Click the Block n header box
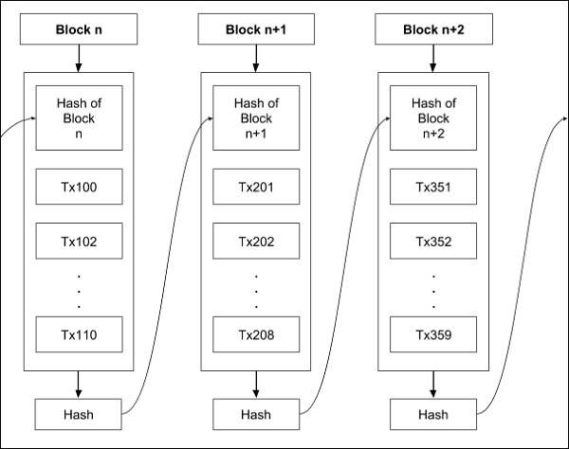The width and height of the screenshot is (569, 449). click(x=79, y=29)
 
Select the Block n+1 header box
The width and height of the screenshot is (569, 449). click(x=256, y=29)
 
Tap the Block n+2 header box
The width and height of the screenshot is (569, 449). click(x=433, y=29)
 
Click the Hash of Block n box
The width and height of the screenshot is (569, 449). click(x=79, y=118)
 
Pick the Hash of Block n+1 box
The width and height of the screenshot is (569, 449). click(x=256, y=118)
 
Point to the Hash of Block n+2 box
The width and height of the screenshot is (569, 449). click(x=433, y=118)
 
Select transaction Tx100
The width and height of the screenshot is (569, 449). click(x=79, y=187)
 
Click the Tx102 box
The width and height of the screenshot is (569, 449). click(x=79, y=241)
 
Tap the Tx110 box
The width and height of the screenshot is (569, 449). click(x=79, y=333)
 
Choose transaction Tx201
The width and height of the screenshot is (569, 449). click(x=256, y=187)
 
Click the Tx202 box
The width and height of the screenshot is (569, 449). click(x=256, y=241)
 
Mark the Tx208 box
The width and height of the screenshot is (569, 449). click(x=256, y=333)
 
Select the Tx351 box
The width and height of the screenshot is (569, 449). click(x=433, y=187)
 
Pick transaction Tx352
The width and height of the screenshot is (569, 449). click(x=433, y=241)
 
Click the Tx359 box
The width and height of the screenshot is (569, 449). click(x=433, y=333)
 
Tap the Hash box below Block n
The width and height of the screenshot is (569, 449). click(x=79, y=414)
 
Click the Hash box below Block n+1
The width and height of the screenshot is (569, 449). click(x=256, y=414)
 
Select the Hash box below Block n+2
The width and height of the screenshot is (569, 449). click(x=433, y=414)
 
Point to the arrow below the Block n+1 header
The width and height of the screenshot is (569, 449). click(x=256, y=59)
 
